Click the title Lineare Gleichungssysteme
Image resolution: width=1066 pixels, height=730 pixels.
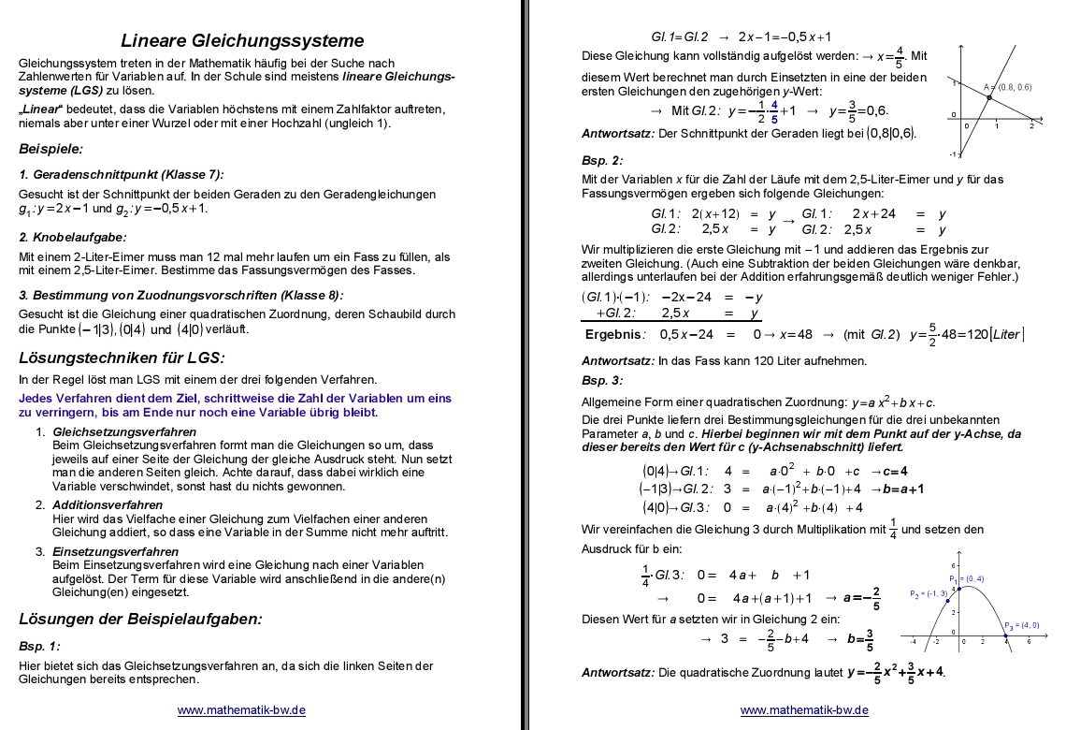[x=242, y=40]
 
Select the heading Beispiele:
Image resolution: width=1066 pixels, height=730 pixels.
[x=50, y=148]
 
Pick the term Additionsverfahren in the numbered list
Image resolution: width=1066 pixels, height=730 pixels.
[x=108, y=504]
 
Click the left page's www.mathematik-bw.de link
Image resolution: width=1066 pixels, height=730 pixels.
[x=241, y=710]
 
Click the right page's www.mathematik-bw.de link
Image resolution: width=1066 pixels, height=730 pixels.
[x=804, y=710]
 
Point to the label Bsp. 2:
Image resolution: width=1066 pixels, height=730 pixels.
[x=601, y=159]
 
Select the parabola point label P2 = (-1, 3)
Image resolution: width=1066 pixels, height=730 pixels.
[x=929, y=593]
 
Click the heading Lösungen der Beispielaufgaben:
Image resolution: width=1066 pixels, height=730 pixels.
[x=140, y=618]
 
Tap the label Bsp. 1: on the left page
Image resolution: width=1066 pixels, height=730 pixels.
[x=38, y=646]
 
